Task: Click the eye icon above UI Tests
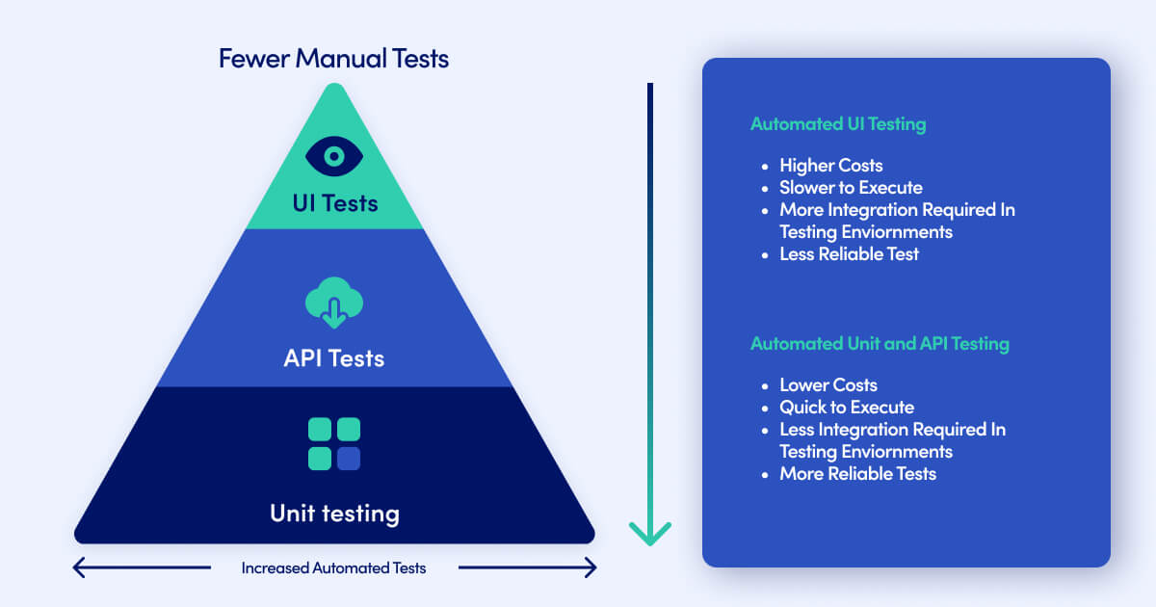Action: pos(334,155)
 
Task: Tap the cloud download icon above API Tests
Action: pos(333,303)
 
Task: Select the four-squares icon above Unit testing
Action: pos(334,444)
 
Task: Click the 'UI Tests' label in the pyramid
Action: pos(334,203)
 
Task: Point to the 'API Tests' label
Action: pos(333,358)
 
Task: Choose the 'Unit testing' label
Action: pos(334,513)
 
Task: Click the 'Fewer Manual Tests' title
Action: pos(333,58)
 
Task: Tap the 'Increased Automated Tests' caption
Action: pos(333,568)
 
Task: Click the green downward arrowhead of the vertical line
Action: pos(650,533)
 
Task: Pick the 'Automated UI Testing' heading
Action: pos(838,124)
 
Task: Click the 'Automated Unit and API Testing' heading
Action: pos(880,344)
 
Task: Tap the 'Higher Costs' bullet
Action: pos(830,166)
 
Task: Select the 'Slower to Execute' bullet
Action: pos(851,188)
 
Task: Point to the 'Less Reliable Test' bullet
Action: pos(849,254)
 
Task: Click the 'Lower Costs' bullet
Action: pos(828,385)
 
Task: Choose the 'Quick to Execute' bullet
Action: pos(847,408)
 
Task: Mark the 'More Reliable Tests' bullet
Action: pos(857,474)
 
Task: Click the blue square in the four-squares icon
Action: pos(349,459)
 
